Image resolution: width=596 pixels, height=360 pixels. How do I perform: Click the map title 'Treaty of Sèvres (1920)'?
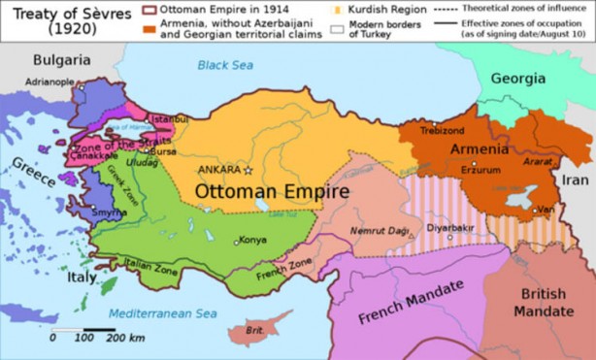(60, 18)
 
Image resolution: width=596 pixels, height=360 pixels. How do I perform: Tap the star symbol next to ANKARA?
(248, 170)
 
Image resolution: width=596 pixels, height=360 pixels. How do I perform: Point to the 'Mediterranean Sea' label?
(162, 313)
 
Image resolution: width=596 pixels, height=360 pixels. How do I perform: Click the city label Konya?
(252, 240)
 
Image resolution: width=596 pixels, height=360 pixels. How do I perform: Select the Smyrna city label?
(109, 212)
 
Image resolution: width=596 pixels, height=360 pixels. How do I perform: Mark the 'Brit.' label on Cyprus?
(255, 330)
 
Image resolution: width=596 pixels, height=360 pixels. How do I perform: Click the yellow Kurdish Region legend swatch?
(338, 8)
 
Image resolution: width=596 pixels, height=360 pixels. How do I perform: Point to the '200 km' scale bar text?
(125, 338)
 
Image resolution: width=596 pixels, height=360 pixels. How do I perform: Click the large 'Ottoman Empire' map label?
(272, 191)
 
